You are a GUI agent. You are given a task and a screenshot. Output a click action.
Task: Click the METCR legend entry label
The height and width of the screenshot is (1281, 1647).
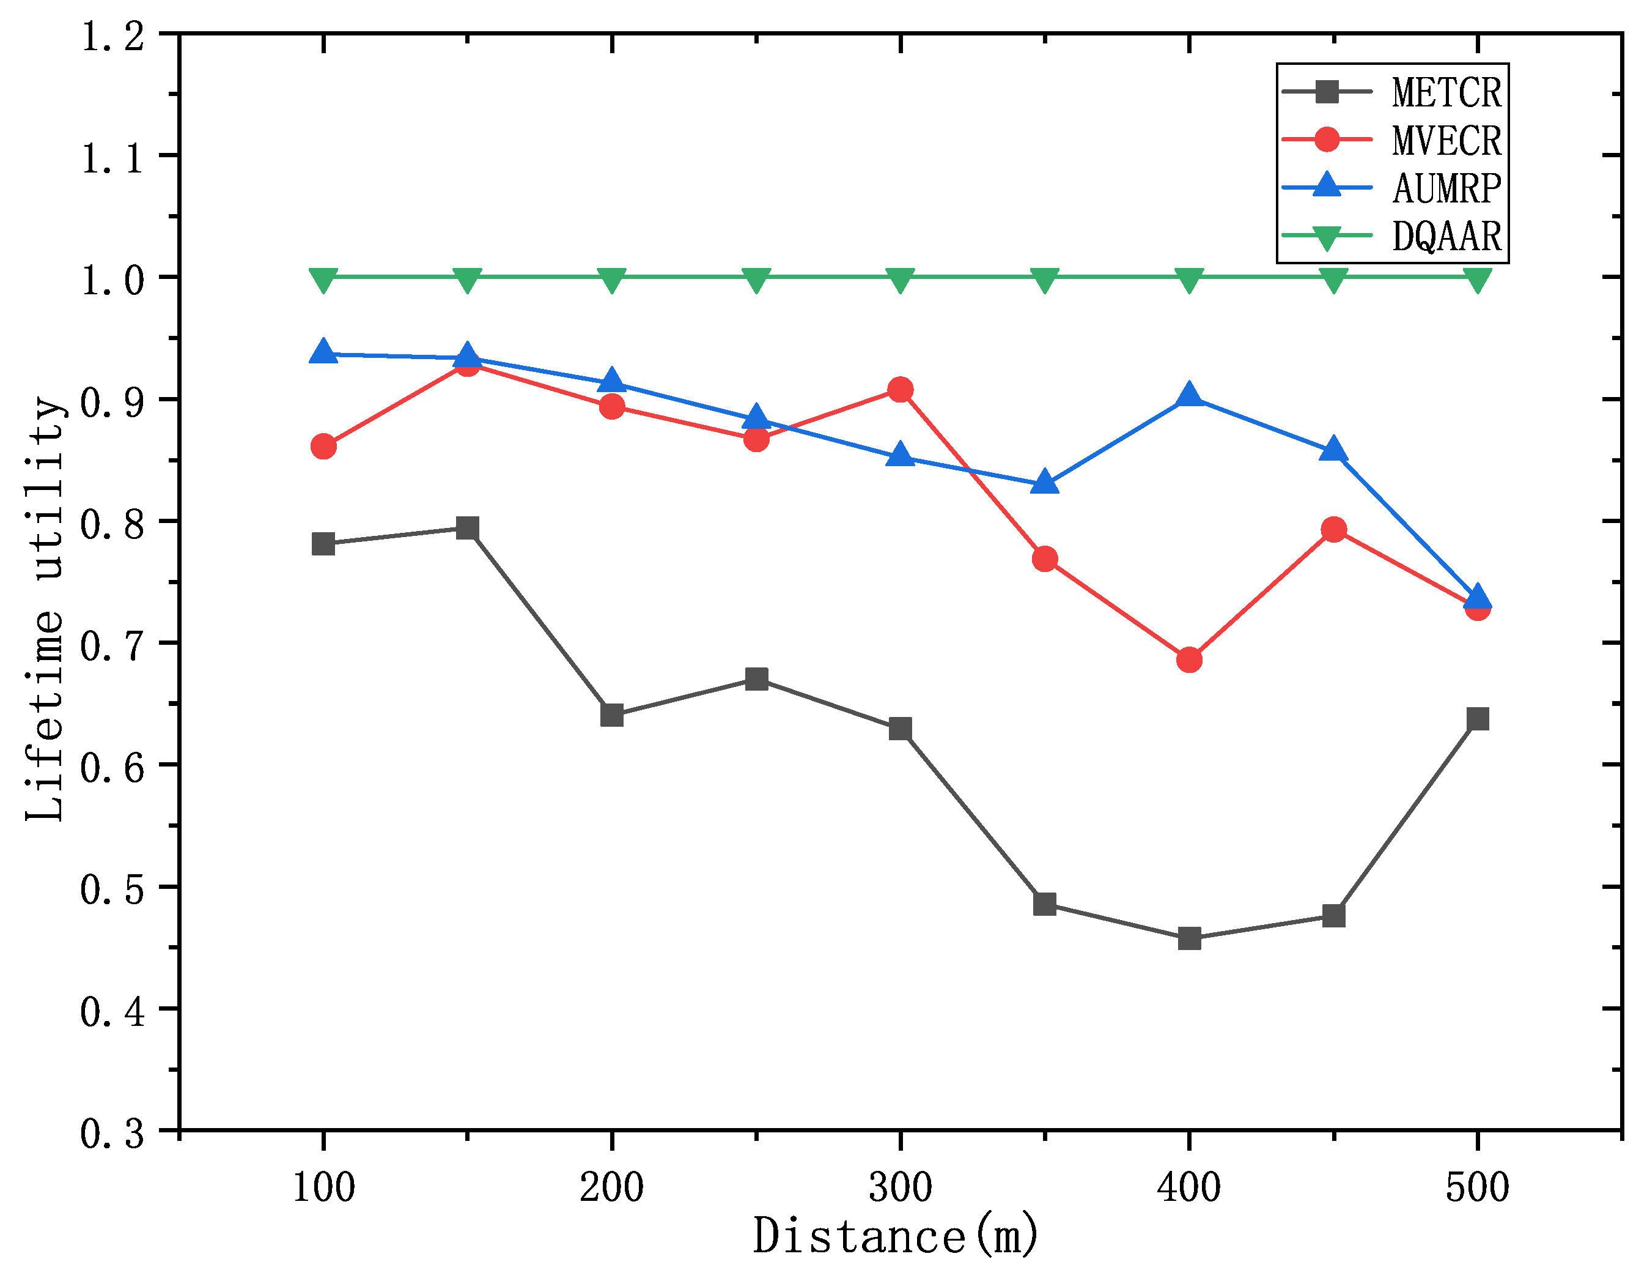(x=1446, y=93)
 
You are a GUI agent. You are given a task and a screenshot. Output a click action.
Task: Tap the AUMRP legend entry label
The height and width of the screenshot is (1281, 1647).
(x=1446, y=188)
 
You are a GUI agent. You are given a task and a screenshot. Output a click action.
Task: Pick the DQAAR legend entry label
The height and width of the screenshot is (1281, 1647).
(x=1446, y=236)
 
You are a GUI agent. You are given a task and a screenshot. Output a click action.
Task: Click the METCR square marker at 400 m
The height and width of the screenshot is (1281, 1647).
(x=1189, y=938)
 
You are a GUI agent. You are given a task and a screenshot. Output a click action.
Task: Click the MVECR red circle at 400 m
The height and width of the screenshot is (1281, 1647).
(x=1189, y=659)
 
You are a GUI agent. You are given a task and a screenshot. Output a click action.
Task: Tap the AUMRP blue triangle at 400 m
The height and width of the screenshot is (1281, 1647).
(x=1189, y=395)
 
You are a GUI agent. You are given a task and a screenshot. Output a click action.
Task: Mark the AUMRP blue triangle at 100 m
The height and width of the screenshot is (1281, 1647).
(x=323, y=352)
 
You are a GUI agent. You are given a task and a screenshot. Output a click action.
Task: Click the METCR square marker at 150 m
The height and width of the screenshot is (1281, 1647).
(x=468, y=527)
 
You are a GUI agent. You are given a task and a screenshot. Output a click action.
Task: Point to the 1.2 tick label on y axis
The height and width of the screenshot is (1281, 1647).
(x=112, y=36)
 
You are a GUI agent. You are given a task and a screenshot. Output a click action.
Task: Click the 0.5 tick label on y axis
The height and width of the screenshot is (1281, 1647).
(x=112, y=889)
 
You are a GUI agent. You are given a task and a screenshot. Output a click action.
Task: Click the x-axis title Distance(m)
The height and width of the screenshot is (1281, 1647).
(x=896, y=1237)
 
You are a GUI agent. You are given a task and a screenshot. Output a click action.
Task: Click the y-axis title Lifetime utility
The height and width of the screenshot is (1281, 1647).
(x=46, y=608)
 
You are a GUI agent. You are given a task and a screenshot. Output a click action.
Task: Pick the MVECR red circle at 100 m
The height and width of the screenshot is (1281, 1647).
(x=323, y=446)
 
